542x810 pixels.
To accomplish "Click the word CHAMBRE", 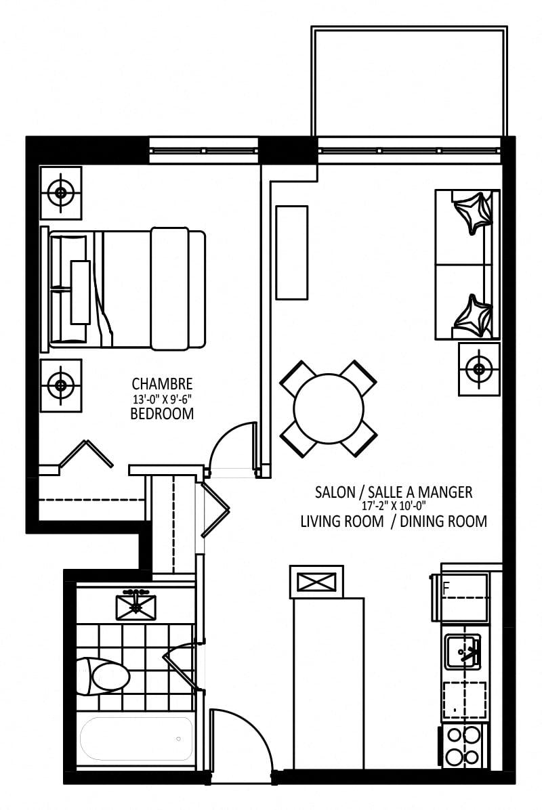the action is click(x=162, y=384).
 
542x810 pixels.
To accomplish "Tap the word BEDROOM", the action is click(x=162, y=414).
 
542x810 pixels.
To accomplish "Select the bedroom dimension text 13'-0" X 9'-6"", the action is click(x=162, y=399).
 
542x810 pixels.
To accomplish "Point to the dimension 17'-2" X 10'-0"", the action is click(x=394, y=507).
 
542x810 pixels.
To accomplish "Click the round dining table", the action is click(x=329, y=408).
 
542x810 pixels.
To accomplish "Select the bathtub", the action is click(x=136, y=738).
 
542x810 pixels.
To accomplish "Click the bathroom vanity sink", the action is click(x=136, y=606).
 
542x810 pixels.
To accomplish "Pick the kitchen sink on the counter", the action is click(x=463, y=652).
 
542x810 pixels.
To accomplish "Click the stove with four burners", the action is click(x=463, y=746).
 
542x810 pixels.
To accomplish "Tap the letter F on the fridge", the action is click(x=446, y=588).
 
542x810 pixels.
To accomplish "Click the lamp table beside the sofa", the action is click(x=479, y=369).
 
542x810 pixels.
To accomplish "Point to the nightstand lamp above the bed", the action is click(x=61, y=193).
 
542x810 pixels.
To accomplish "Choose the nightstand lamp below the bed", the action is click(x=61, y=385).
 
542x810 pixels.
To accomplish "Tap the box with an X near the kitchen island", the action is click(x=317, y=582).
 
